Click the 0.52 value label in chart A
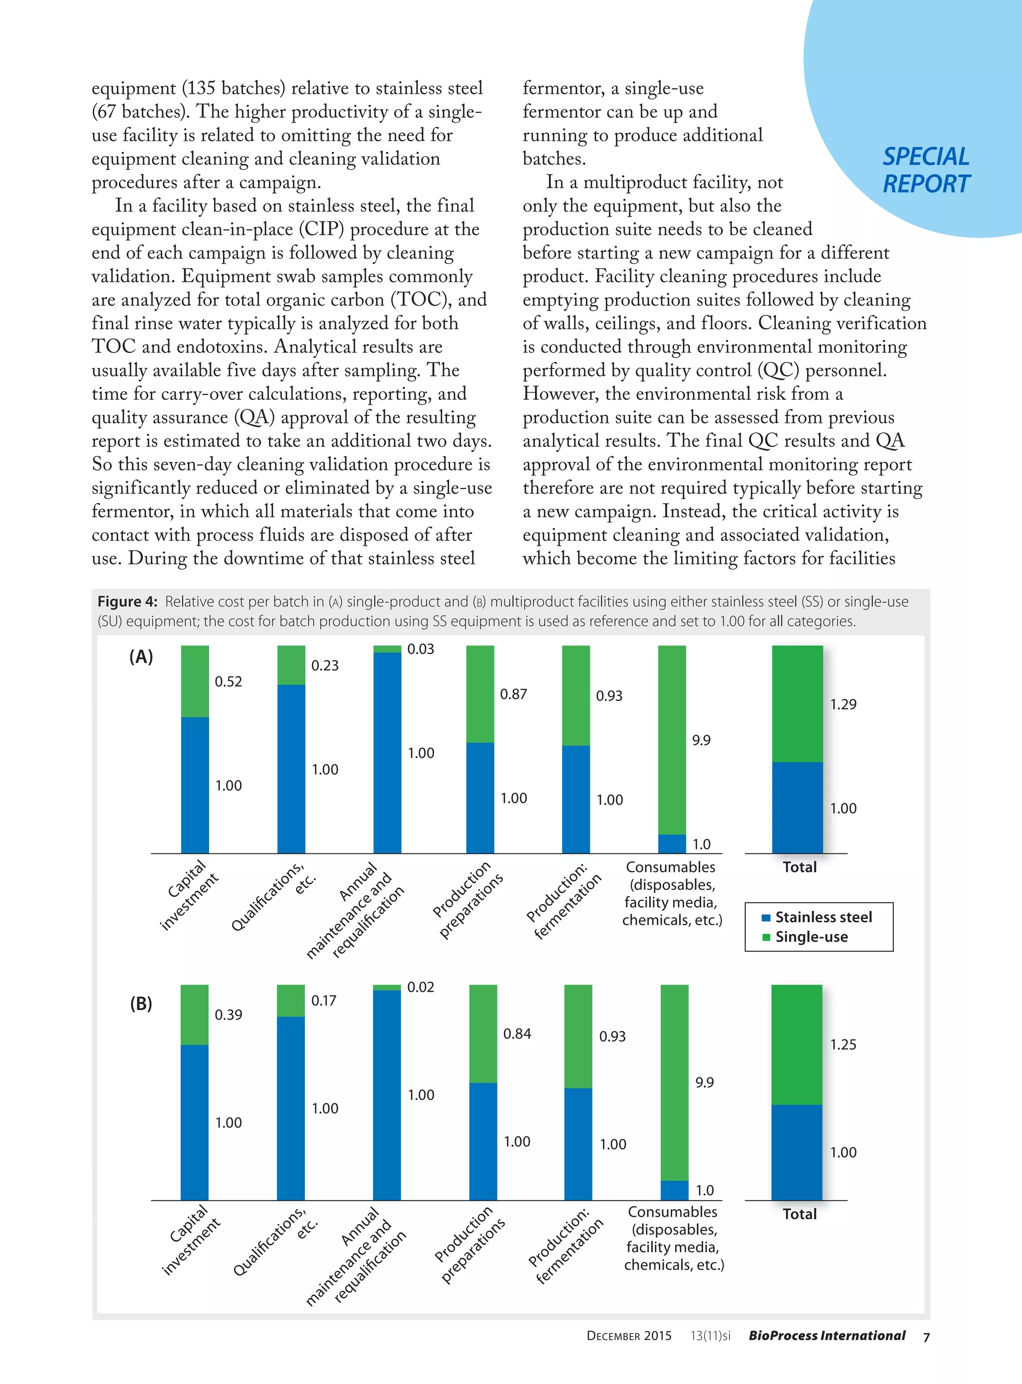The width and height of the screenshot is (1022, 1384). pos(228,682)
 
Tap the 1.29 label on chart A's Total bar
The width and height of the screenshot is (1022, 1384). pos(843,704)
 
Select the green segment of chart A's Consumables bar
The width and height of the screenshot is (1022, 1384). pos(672,739)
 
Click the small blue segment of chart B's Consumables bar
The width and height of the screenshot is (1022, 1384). pos(674,1190)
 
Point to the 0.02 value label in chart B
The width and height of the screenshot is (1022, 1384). pos(421,987)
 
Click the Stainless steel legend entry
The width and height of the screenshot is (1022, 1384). pos(817,917)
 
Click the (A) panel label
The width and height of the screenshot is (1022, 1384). pos(141,657)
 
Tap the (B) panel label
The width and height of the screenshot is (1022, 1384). pos(141,1004)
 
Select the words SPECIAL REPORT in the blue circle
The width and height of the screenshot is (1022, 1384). pos(926,170)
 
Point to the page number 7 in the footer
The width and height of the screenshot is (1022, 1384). pos(926,1337)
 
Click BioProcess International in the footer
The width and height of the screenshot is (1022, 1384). pos(826,1336)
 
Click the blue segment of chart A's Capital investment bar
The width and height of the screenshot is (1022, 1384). pos(195,785)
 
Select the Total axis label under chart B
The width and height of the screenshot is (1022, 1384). pos(799,1214)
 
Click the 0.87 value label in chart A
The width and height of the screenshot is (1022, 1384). pos(513,694)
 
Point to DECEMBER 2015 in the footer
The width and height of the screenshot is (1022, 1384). pos(629,1336)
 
